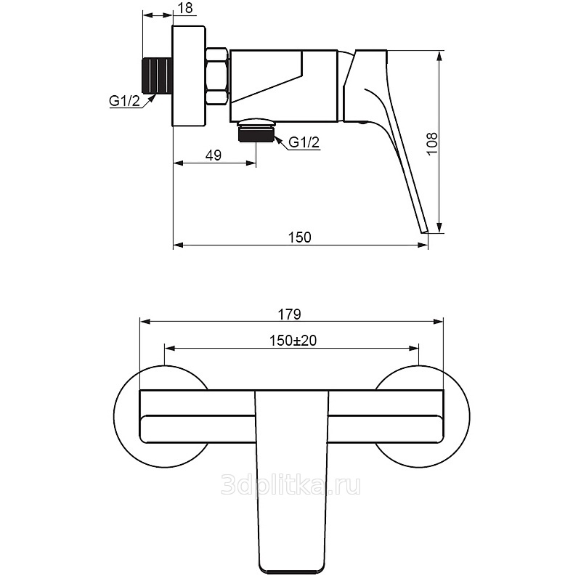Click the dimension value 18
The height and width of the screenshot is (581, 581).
[186, 8]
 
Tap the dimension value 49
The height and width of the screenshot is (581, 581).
[214, 155]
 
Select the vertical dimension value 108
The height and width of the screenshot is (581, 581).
[432, 144]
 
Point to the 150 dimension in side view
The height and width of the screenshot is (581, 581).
[300, 237]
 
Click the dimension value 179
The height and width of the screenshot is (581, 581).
[290, 314]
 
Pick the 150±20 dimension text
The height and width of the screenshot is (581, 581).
[293, 341]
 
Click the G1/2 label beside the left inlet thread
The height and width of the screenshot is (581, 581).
[124, 101]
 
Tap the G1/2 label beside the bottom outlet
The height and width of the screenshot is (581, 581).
[304, 142]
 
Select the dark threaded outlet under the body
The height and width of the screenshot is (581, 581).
[256, 134]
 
